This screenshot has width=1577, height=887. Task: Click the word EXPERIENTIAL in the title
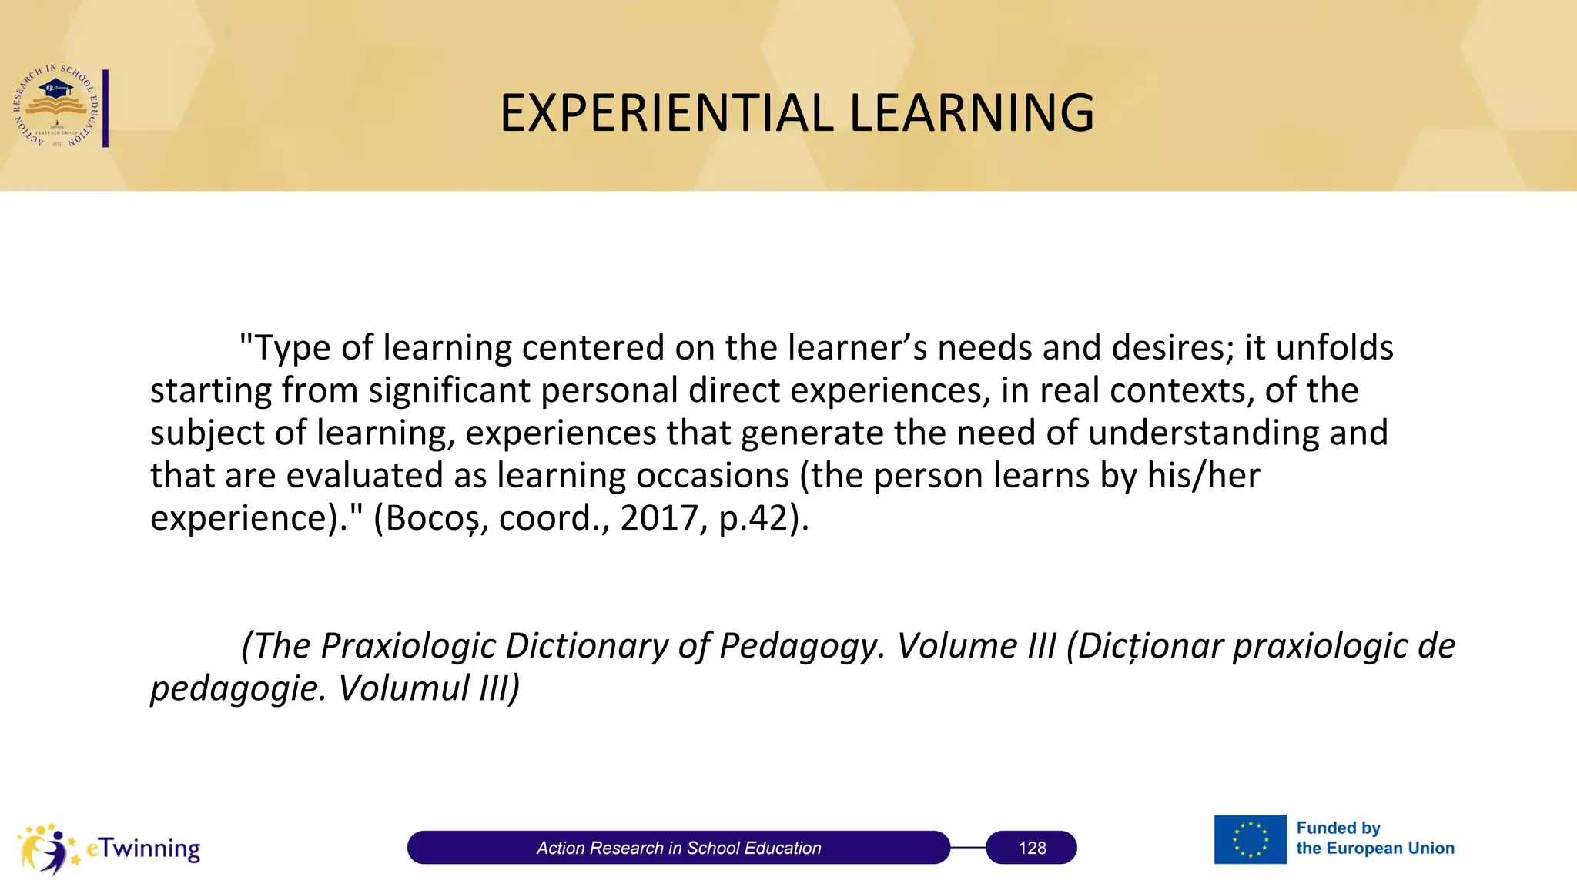tap(667, 113)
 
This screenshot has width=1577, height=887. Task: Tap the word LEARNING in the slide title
tap(971, 113)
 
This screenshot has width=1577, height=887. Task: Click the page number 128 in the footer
tap(1032, 848)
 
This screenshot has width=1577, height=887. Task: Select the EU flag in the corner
tap(1250, 839)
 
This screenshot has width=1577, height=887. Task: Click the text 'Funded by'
tap(1338, 828)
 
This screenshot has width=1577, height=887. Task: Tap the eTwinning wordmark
tap(144, 849)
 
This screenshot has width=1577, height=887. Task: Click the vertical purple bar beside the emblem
tap(105, 108)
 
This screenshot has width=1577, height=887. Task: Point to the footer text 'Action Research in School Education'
tap(678, 848)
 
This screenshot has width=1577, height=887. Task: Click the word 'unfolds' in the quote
tap(1334, 348)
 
